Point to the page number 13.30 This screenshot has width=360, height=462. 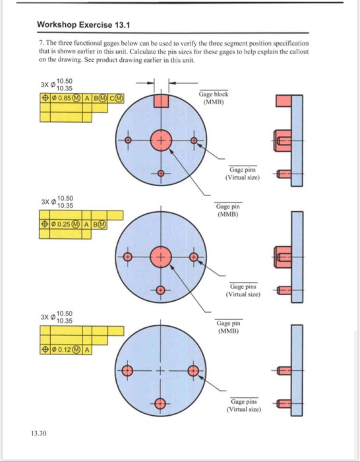coord(38,433)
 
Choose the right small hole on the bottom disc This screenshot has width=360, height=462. coord(193,372)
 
